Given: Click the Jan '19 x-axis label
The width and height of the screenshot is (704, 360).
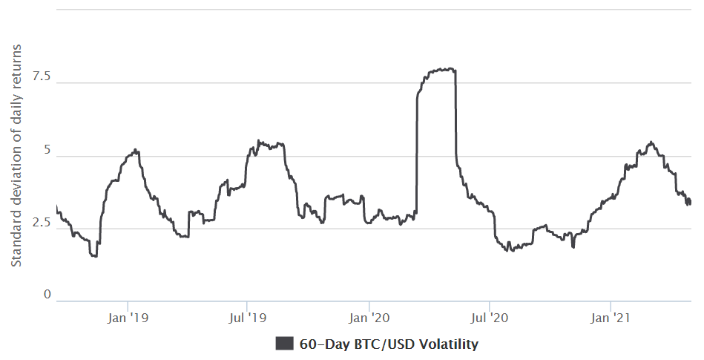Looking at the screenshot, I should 128,318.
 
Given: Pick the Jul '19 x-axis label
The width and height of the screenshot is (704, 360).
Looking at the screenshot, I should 246,318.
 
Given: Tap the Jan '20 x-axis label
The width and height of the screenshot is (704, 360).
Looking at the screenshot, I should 369,318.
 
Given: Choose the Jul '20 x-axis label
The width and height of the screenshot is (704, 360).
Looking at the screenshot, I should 489,318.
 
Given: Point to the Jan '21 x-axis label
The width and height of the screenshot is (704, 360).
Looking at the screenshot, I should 610,318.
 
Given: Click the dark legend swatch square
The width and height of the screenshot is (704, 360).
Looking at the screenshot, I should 284,344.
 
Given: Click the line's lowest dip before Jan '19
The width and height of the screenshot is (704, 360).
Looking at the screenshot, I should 94,256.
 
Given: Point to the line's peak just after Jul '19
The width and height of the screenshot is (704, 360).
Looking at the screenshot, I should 258,140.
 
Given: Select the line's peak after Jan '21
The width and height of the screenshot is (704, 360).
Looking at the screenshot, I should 651,142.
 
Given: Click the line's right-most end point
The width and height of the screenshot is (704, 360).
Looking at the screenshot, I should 691,202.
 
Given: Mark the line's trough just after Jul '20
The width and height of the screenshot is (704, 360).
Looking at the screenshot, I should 507,251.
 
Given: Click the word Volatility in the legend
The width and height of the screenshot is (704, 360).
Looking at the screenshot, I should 450,344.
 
